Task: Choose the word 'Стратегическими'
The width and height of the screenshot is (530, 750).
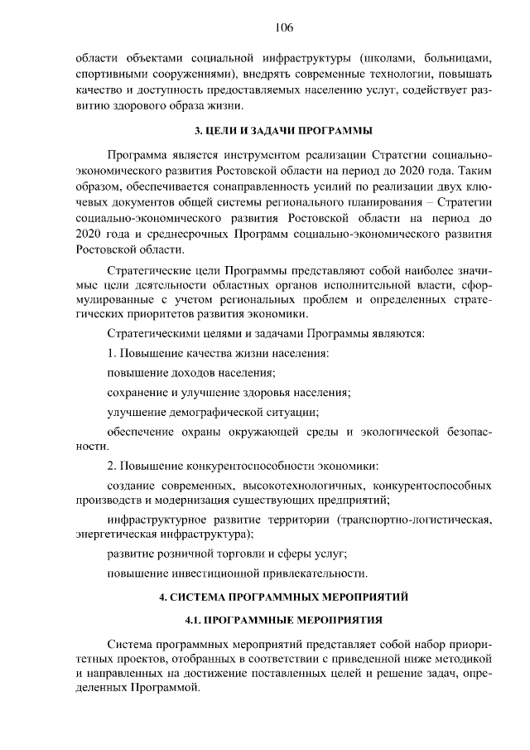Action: click(x=154, y=333)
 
